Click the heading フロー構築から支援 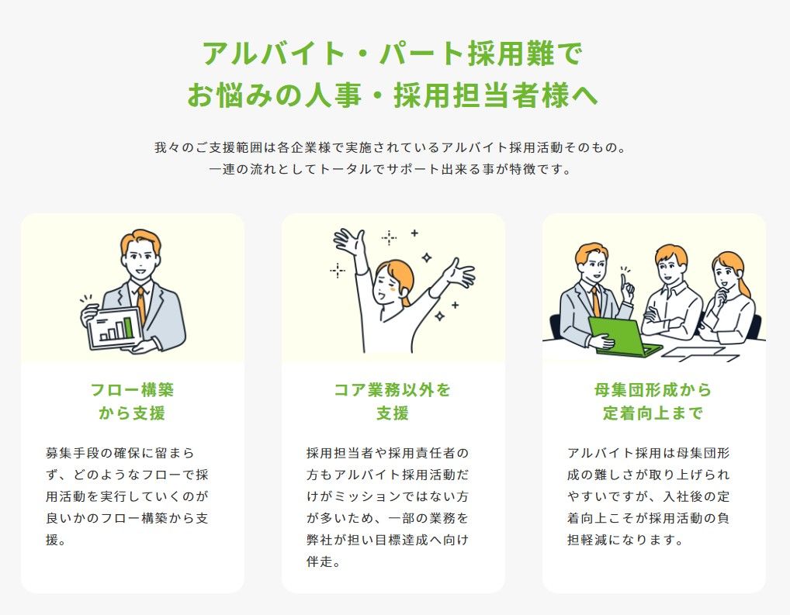click(132, 402)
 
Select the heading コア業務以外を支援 click(393, 402)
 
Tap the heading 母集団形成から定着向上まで click(653, 402)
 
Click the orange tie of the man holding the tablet click(141, 304)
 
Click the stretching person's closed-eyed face click(387, 285)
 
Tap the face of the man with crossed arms click(670, 268)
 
